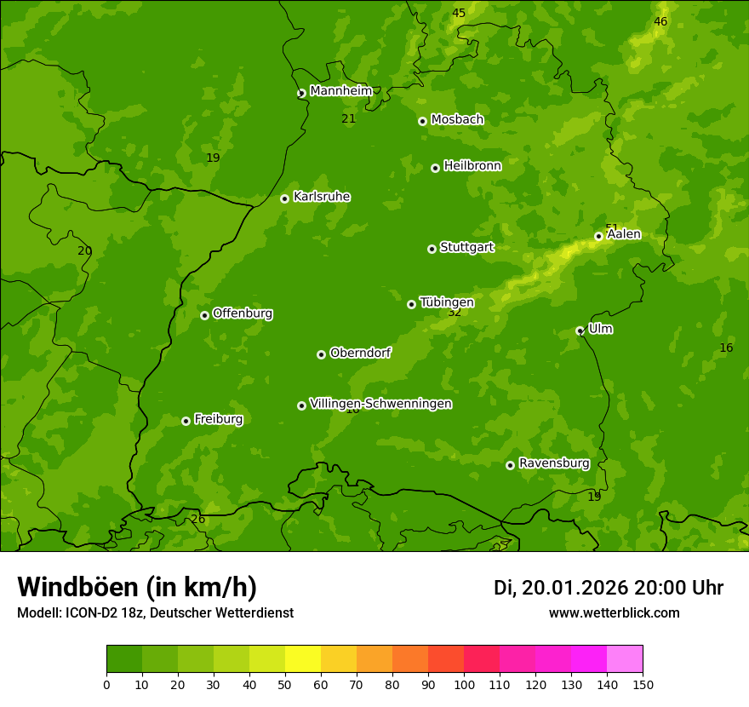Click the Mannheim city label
click(x=340, y=91)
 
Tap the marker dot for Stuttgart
click(x=432, y=249)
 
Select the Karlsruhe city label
click(x=322, y=197)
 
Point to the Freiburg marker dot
click(x=186, y=421)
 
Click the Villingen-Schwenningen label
click(x=380, y=404)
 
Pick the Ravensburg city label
click(x=554, y=463)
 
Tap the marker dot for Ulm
click(x=580, y=331)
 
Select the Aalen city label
click(x=624, y=234)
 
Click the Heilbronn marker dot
click(x=435, y=168)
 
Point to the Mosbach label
click(x=457, y=120)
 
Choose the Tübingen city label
click(x=447, y=302)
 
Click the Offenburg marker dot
click(x=204, y=315)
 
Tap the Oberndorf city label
click(x=361, y=353)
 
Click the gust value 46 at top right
click(x=660, y=21)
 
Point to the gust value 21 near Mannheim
click(x=348, y=118)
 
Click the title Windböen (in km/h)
click(x=137, y=587)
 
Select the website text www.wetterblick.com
click(x=614, y=612)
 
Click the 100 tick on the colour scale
click(x=464, y=684)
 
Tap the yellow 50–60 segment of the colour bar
click(x=303, y=659)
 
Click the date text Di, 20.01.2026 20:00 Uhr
click(x=609, y=588)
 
